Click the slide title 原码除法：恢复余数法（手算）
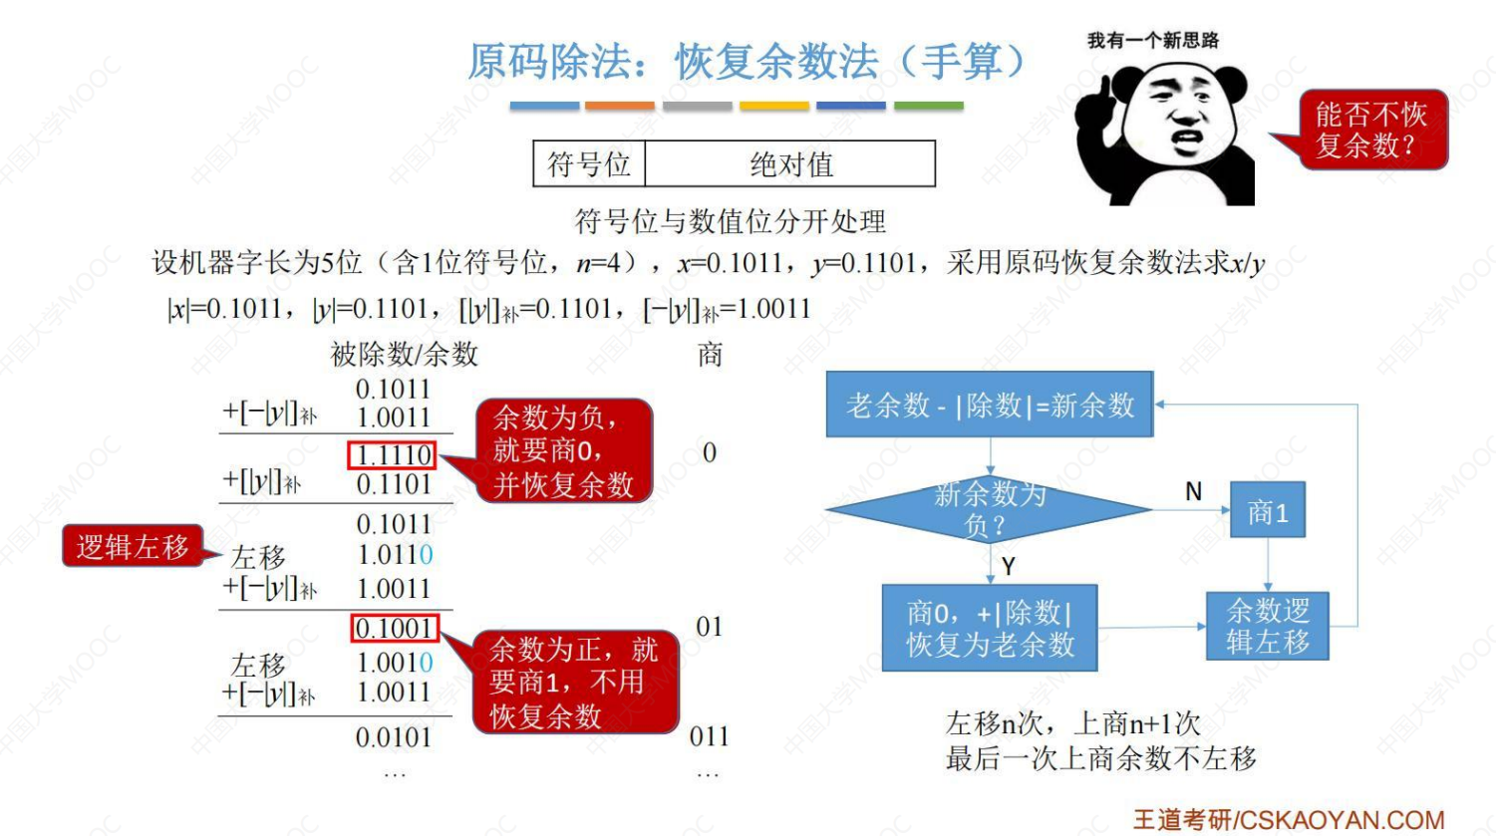tap(747, 62)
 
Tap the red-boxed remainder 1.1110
tap(393, 455)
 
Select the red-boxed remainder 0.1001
tap(395, 629)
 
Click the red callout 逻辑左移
tap(133, 546)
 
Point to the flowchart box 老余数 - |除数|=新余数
tap(989, 405)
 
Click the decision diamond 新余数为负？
tap(989, 509)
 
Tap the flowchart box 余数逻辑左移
tap(1267, 626)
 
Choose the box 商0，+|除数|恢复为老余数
tap(989, 628)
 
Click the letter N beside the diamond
tap(1193, 491)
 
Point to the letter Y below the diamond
tap(1008, 566)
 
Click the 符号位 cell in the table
tap(589, 164)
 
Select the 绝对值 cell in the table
tap(790, 164)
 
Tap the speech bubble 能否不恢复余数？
tap(1372, 130)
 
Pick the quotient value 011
tap(709, 736)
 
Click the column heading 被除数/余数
tap(404, 354)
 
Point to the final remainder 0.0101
tap(394, 738)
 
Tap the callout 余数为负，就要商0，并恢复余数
tap(563, 450)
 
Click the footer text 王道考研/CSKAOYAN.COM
tap(1288, 820)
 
